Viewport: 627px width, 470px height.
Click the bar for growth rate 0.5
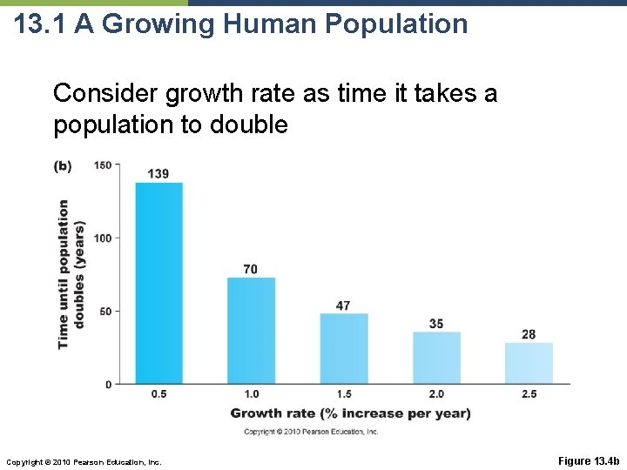tap(158, 283)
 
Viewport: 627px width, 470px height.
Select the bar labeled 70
tap(251, 331)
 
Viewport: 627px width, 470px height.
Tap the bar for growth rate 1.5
tap(343, 348)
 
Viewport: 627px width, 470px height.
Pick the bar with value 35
tap(436, 357)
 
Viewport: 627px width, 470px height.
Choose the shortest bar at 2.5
tap(529, 363)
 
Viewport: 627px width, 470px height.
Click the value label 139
tap(158, 174)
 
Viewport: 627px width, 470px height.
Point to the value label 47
tap(343, 305)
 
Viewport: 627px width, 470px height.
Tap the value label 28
tap(529, 334)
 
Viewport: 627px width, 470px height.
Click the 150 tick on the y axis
tap(104, 165)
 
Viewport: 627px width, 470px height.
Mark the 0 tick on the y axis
tap(108, 384)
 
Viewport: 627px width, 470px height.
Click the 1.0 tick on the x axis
tap(251, 394)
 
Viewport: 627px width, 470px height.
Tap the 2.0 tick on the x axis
tap(436, 394)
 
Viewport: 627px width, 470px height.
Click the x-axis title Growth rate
tap(350, 413)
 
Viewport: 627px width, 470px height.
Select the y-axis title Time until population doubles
tap(71, 274)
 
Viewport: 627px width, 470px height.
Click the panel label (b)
tap(63, 165)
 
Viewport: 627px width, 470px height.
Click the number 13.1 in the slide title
tap(41, 23)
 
